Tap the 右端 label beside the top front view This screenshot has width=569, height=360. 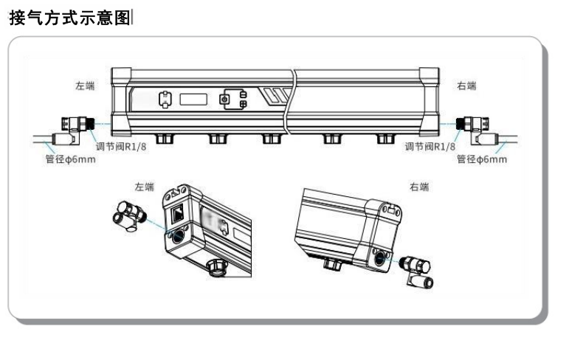click(466, 86)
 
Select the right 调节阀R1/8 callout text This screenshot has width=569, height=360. click(430, 147)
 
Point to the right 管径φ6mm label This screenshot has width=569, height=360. click(482, 159)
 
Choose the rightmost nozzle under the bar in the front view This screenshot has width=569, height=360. click(384, 138)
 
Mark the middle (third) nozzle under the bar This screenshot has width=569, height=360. click(272, 138)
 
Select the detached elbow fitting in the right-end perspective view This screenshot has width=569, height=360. click(418, 271)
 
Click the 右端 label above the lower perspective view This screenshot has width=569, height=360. click(418, 187)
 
